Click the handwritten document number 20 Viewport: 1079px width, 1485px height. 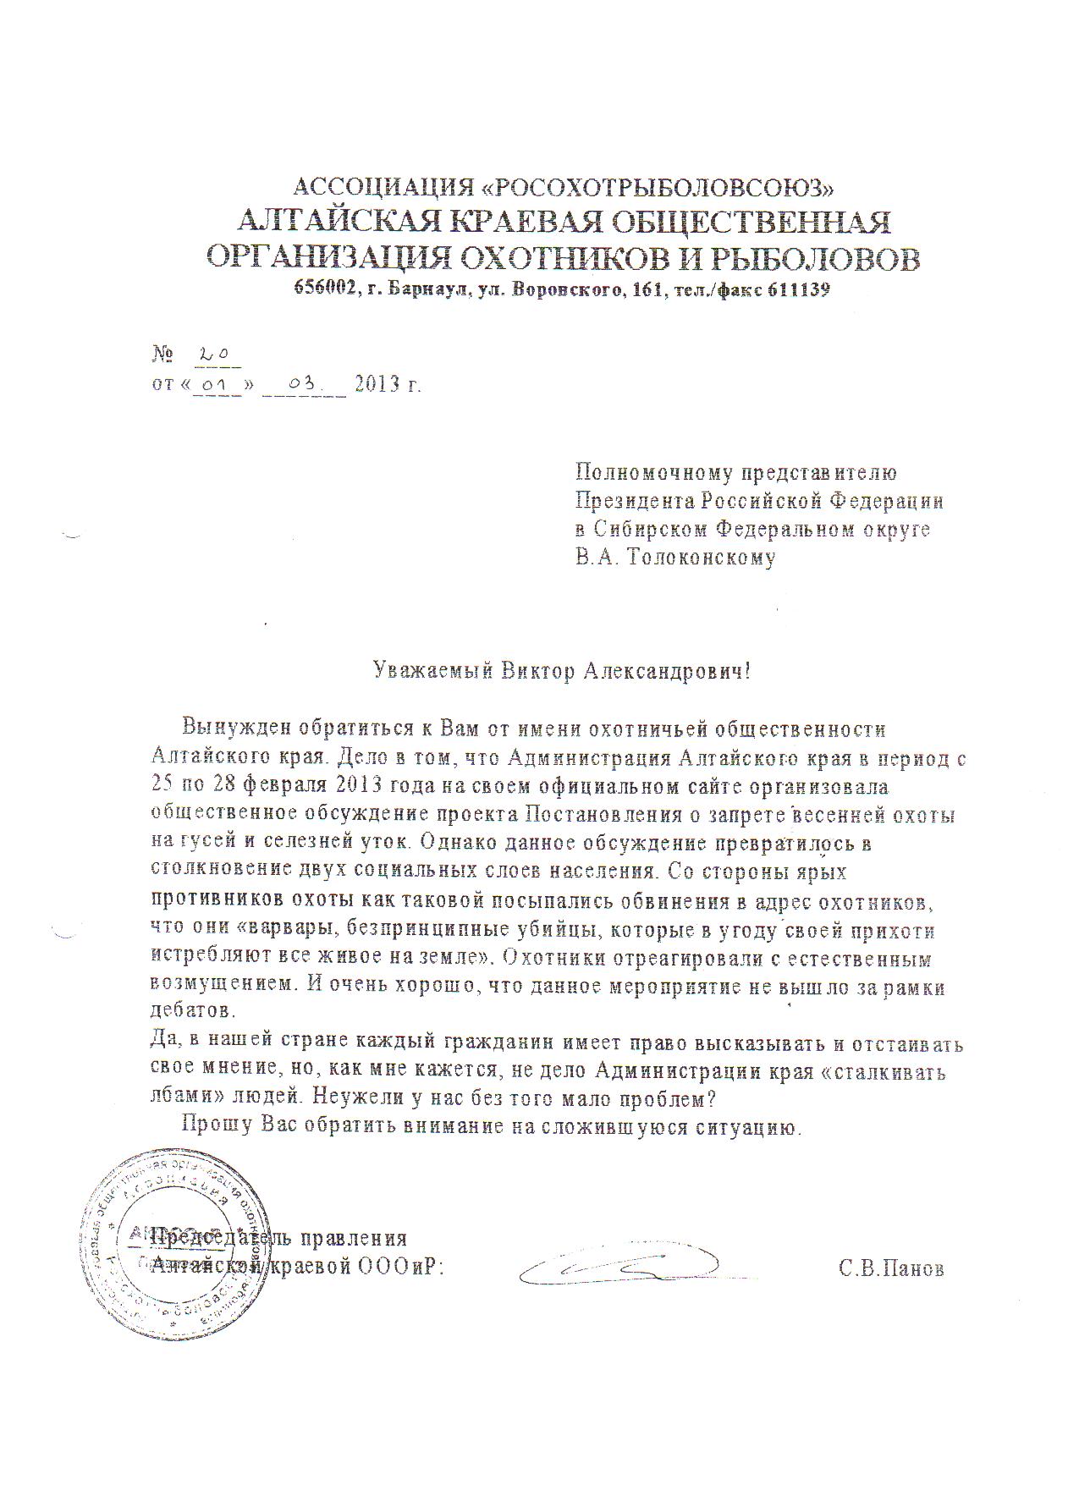click(208, 357)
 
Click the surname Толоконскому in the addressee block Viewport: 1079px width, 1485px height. click(702, 558)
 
